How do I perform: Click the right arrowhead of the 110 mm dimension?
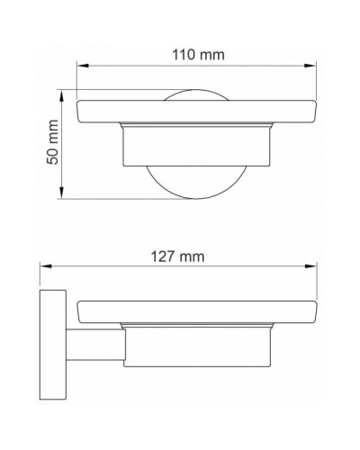pyautogui.click(x=315, y=67)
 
